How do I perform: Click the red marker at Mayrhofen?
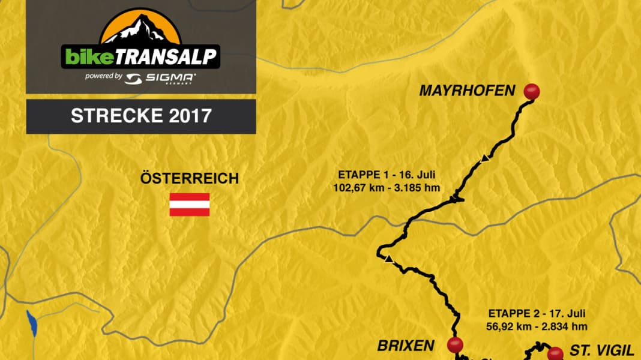532,91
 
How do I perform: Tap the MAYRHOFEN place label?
468,91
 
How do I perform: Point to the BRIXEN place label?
406,346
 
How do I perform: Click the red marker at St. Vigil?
555,353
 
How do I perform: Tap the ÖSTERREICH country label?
189,178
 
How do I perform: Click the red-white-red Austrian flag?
189,204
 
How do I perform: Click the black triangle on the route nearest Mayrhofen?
484,159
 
